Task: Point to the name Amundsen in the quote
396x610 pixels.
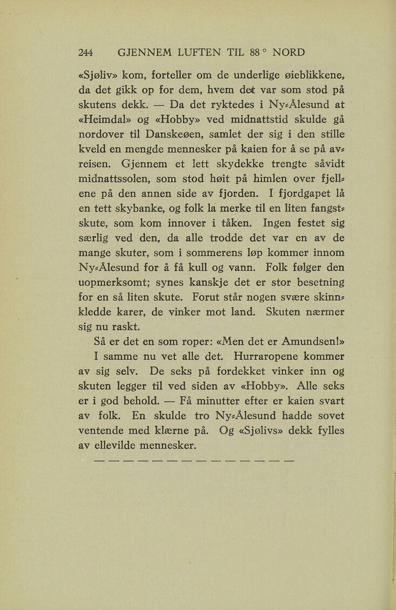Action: (x=300, y=341)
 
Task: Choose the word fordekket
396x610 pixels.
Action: (x=236, y=371)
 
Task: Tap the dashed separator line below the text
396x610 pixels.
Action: (x=194, y=461)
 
